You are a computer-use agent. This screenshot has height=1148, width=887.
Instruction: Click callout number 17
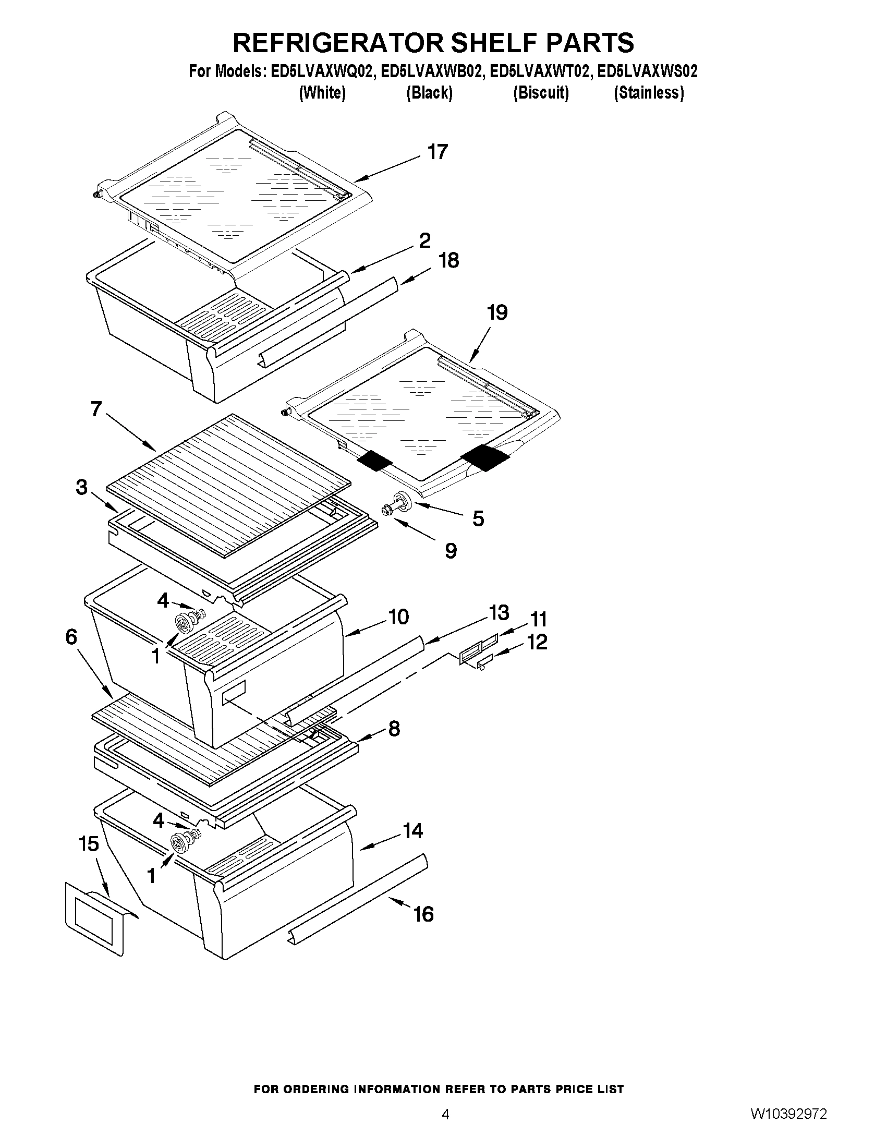click(437, 152)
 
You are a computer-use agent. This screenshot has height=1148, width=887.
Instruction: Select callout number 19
click(496, 313)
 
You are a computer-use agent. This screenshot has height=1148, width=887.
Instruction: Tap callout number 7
click(96, 408)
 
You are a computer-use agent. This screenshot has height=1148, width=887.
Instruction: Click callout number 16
click(423, 914)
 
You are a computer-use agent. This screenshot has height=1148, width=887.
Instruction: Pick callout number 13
click(498, 612)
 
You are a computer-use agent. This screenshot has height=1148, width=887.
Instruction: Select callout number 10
click(399, 617)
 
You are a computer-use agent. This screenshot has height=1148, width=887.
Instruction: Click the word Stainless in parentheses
click(649, 93)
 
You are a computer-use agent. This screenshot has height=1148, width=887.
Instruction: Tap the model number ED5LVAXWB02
click(431, 71)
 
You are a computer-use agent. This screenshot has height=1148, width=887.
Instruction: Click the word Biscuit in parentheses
click(541, 93)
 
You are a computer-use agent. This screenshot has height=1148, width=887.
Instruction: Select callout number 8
click(394, 729)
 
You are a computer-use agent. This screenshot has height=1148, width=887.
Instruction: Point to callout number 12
click(537, 642)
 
